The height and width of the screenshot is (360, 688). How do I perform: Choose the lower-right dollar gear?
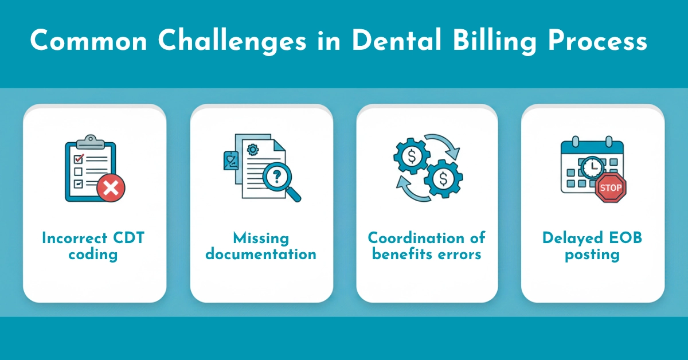click(443, 179)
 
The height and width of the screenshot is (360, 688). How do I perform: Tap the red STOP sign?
click(611, 188)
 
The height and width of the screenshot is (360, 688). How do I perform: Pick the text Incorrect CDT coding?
click(93, 246)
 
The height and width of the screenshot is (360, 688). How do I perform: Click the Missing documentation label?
click(261, 246)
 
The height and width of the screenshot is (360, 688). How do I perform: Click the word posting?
click(592, 254)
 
